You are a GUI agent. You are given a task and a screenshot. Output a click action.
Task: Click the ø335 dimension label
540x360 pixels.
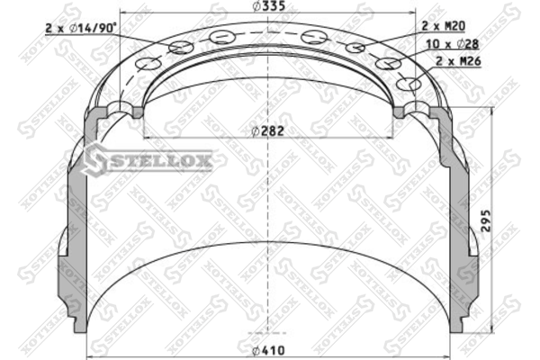268,6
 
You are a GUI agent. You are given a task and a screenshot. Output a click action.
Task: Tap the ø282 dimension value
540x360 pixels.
267,131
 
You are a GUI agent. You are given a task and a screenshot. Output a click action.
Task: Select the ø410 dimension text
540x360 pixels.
268,351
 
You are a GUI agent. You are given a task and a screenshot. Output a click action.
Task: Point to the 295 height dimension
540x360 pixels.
486,220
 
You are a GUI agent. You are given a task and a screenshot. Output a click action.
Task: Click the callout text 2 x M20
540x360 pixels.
444,26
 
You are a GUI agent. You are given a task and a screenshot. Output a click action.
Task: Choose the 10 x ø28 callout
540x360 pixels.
453,44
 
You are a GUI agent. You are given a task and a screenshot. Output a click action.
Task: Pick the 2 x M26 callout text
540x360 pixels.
458,61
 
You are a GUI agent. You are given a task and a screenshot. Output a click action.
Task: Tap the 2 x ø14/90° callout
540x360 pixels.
81,28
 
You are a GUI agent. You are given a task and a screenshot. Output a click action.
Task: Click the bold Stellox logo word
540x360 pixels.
159,160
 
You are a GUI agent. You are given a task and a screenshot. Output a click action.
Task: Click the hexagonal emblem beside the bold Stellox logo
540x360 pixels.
94,160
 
